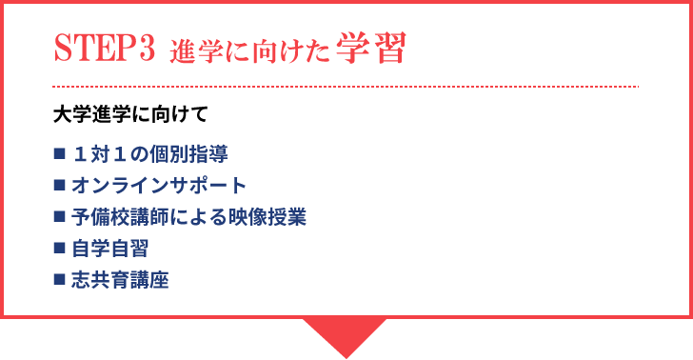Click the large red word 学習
[372, 50]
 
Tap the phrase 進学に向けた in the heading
[249, 52]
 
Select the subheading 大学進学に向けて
[129, 113]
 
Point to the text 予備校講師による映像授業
[188, 217]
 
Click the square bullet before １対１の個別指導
[59, 152]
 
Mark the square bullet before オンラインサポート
[59, 184]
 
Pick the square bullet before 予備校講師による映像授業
[59, 215]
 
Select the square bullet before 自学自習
[59, 248]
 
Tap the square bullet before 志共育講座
[59, 279]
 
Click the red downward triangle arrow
[345, 333]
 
